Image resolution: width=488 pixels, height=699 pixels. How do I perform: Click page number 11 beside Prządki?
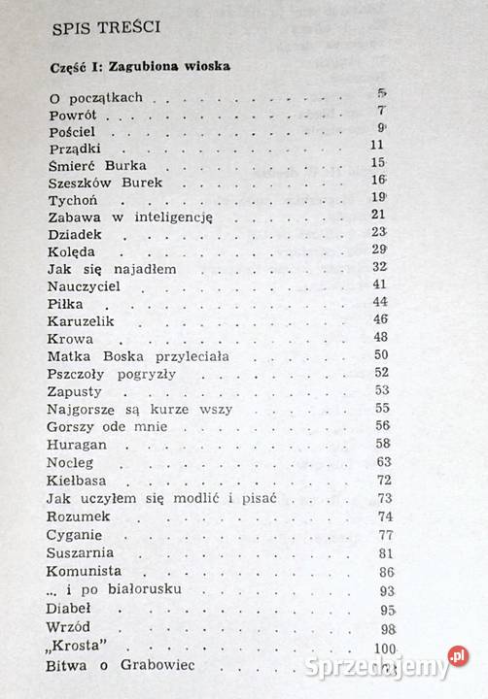pos(379,146)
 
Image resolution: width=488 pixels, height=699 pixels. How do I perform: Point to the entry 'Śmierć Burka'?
pos(94,164)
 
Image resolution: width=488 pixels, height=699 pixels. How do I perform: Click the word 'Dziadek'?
pos(75,234)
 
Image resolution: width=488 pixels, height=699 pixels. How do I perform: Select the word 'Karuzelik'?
pos(81,319)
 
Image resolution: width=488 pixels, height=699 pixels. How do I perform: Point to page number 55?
pos(382,409)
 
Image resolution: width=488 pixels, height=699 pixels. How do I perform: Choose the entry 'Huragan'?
pos(76,443)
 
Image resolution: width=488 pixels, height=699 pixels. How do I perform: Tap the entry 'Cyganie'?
pos(76,534)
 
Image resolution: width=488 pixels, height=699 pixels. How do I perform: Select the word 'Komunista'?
pos(84,571)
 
